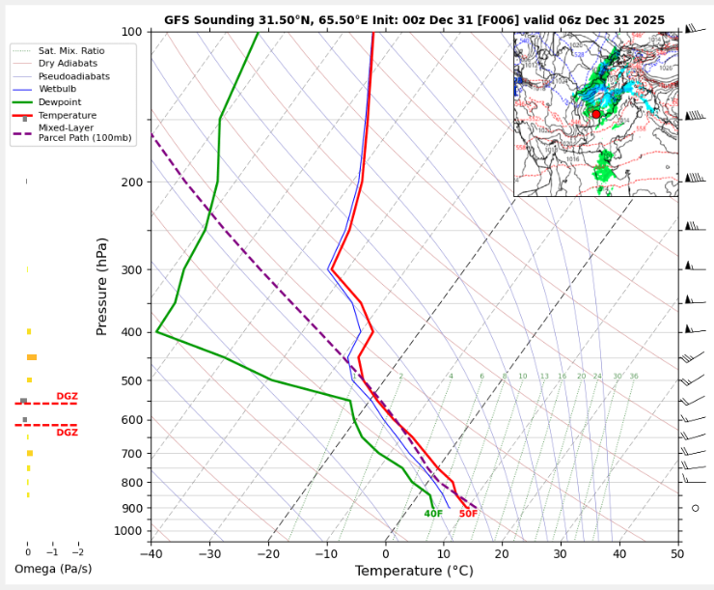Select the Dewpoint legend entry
60,101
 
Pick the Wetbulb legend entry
59,89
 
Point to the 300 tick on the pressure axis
131,269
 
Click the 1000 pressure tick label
127,531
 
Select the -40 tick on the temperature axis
151,552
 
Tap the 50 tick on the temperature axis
677,552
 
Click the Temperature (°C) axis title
414,571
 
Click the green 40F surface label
433,514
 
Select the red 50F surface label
468,514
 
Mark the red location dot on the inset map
596,114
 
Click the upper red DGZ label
67,397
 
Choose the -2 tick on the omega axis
77,552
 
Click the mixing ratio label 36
634,377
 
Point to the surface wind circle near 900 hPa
695,508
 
